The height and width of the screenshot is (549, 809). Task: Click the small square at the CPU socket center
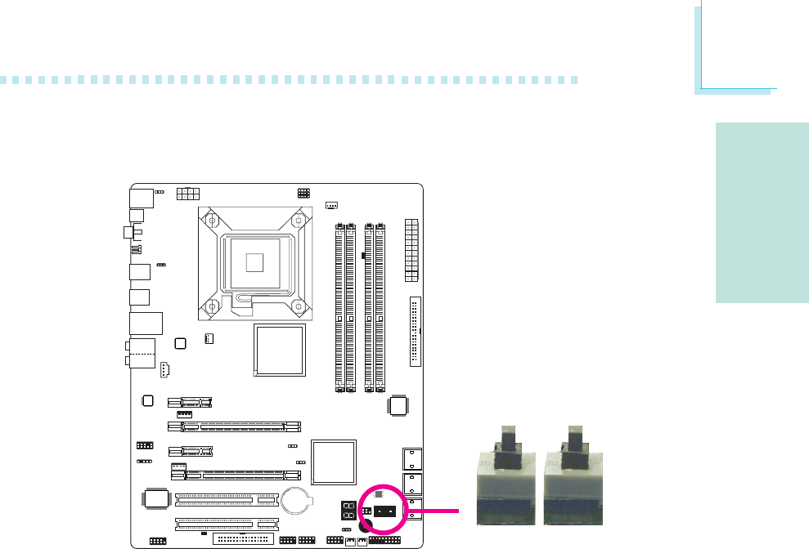[254, 261]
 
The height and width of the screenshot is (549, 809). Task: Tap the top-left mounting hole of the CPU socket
[212, 220]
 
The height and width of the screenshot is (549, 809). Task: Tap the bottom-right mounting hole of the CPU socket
[298, 306]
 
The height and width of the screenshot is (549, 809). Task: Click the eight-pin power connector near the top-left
[188, 194]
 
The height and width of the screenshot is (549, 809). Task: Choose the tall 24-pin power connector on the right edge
[411, 250]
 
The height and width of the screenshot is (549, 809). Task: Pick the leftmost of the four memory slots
[340, 307]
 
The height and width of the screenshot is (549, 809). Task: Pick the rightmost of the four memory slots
[380, 307]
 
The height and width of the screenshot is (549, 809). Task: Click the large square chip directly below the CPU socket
[280, 350]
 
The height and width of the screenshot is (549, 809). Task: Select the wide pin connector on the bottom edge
[244, 540]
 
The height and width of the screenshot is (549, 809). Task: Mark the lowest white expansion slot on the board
[226, 524]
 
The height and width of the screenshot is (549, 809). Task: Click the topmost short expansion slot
[189, 402]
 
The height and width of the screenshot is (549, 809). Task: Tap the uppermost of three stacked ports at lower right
[413, 457]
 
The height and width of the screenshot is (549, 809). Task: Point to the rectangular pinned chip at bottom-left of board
[155, 500]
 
